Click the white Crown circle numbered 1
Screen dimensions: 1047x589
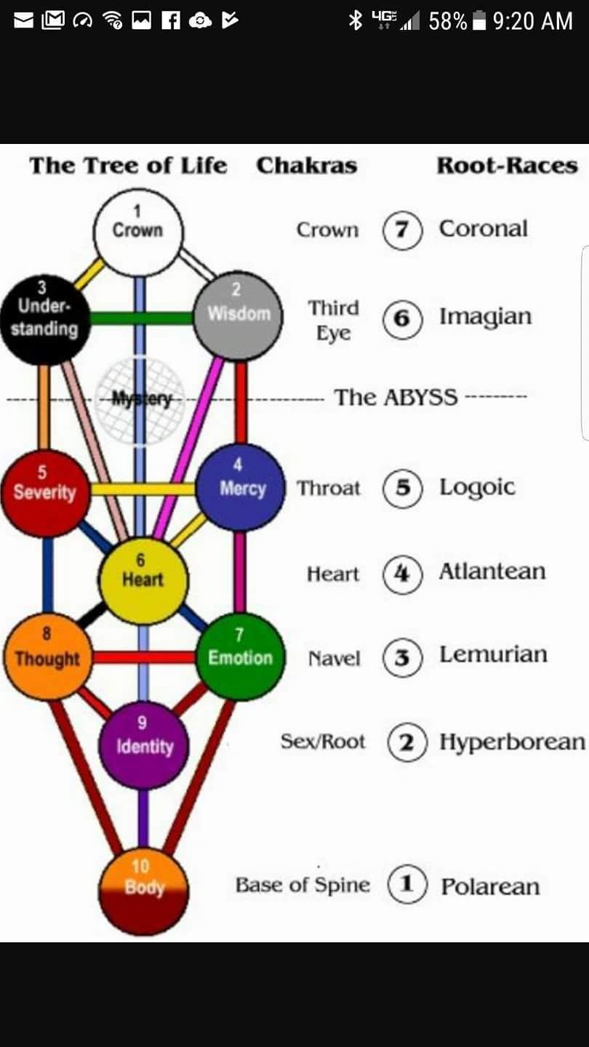(x=138, y=231)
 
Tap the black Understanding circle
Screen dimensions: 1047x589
(x=45, y=318)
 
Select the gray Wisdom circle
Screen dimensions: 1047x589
(x=239, y=315)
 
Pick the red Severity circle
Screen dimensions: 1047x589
(x=45, y=493)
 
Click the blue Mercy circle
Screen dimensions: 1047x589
(x=241, y=487)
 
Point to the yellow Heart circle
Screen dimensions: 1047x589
(x=143, y=580)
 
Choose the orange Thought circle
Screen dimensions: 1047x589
(x=47, y=657)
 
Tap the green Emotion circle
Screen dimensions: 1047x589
(x=241, y=657)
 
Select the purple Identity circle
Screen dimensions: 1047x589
(x=144, y=745)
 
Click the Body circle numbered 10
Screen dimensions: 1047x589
(x=144, y=891)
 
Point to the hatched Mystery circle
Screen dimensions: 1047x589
(x=140, y=398)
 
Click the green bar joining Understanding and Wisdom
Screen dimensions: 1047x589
(x=142, y=318)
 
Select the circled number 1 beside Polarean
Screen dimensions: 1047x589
(x=406, y=885)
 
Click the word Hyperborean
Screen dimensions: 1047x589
(x=512, y=742)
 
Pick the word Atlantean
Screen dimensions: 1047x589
(x=492, y=572)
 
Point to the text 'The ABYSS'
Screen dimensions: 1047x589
(x=396, y=398)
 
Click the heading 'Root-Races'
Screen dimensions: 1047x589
(x=507, y=166)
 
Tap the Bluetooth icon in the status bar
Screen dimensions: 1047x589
(x=356, y=21)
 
